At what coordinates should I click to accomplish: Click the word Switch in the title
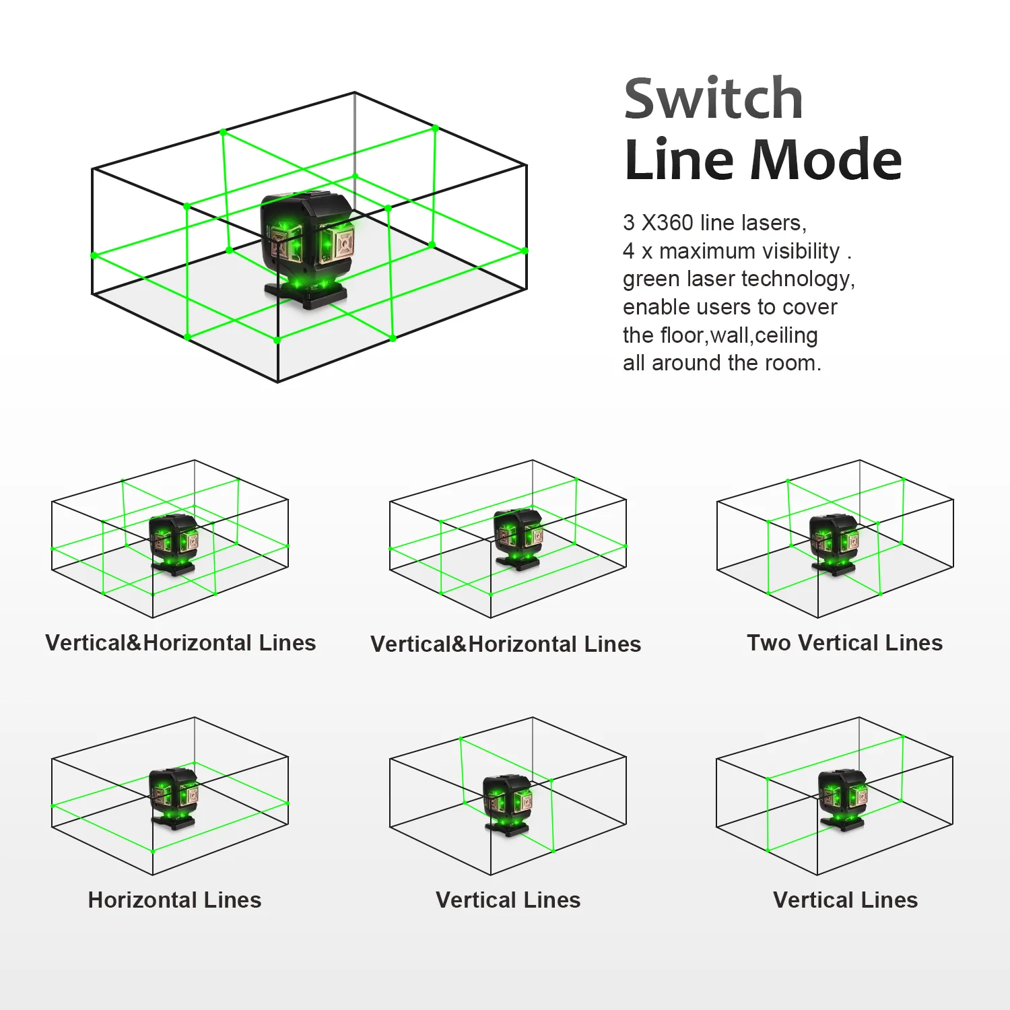click(x=713, y=100)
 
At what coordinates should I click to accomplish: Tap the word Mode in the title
click(x=826, y=160)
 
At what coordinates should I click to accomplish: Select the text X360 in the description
click(x=667, y=222)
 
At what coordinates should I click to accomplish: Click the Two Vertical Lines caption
click(x=844, y=643)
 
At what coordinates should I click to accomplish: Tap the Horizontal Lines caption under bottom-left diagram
click(x=174, y=900)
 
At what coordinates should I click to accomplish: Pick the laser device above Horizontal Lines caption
click(x=174, y=797)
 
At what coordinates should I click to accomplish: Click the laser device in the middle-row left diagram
click(x=174, y=543)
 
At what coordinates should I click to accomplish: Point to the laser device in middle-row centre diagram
click(x=518, y=538)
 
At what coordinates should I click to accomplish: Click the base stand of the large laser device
click(x=306, y=295)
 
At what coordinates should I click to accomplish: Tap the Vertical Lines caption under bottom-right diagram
click(x=845, y=900)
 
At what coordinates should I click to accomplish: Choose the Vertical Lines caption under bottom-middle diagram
click(x=508, y=900)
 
